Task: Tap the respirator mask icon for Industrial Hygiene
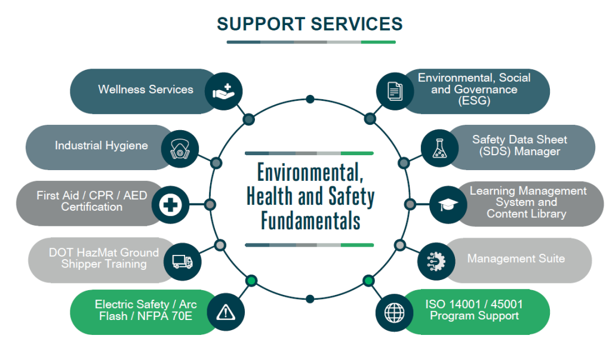pos(179,148)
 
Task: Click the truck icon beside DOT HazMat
pos(182,261)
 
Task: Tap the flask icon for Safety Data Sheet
pos(439,149)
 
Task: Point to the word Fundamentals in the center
pos(310,221)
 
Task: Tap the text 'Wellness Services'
pos(146,90)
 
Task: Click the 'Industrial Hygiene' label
pos(102,145)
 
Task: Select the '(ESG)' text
pos(475,101)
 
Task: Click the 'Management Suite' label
pos(516,259)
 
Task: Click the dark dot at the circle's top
pos(310,99)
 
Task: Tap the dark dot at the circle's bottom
pos(310,298)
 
